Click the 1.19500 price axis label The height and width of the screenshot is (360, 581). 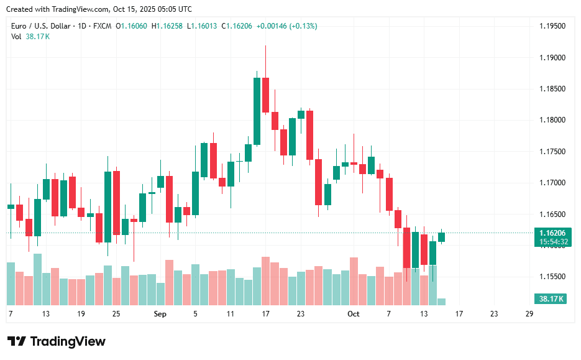pyautogui.click(x=552, y=27)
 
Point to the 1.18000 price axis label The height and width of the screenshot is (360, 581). pyautogui.click(x=552, y=120)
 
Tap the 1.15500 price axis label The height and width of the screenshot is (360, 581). pyautogui.click(x=552, y=276)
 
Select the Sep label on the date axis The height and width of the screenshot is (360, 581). pyautogui.click(x=160, y=314)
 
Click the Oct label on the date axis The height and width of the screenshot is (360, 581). pyautogui.click(x=354, y=314)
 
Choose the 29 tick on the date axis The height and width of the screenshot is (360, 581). pyautogui.click(x=529, y=314)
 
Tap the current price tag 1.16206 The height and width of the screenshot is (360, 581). pyautogui.click(x=552, y=233)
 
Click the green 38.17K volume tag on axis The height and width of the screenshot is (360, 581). pyautogui.click(x=551, y=299)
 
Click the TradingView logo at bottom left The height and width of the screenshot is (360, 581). pyautogui.click(x=57, y=341)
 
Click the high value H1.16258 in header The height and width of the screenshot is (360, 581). pyautogui.click(x=168, y=26)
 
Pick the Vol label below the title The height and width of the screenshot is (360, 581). pyautogui.click(x=16, y=37)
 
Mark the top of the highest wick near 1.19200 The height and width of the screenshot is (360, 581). pyautogui.click(x=265, y=46)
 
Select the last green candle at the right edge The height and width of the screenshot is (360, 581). pyautogui.click(x=441, y=237)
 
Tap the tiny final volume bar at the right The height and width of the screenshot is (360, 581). pyautogui.click(x=441, y=302)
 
